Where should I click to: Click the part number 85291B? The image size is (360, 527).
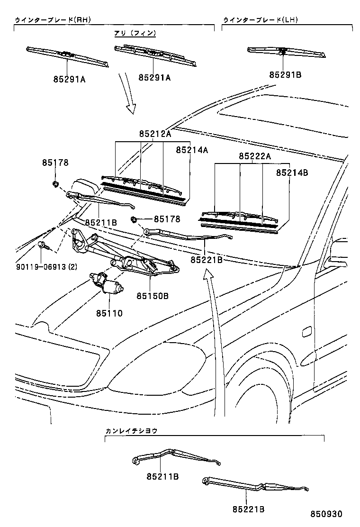(x=285, y=74)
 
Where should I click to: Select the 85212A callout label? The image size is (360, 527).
(x=155, y=134)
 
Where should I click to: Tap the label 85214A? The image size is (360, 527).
(x=192, y=150)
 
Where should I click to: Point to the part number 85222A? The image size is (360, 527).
(x=254, y=156)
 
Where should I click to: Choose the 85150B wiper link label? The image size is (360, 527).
(x=153, y=297)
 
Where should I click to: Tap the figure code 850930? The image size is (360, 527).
(x=326, y=514)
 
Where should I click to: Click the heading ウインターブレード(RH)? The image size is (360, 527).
(x=52, y=20)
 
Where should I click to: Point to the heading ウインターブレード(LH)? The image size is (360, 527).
(x=260, y=20)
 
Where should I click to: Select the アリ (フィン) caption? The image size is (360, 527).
(x=135, y=33)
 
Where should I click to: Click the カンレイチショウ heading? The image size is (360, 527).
(x=131, y=431)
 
